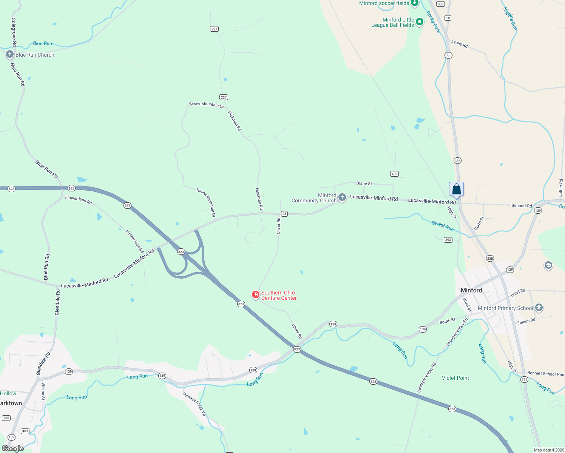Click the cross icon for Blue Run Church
10,54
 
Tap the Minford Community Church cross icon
342,197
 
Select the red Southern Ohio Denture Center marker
256,294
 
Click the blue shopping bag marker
456,189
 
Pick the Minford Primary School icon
539,308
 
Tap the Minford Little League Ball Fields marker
420,22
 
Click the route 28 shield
284,214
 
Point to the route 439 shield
394,174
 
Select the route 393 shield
448,240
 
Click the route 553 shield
440,4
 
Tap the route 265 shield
6,418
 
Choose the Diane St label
364,183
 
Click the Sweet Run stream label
443,226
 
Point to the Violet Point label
455,378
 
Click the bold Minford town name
471,290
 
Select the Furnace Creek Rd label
195,404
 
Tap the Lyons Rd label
459,44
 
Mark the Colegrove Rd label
14,32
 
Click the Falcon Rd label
526,321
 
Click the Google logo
12,448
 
